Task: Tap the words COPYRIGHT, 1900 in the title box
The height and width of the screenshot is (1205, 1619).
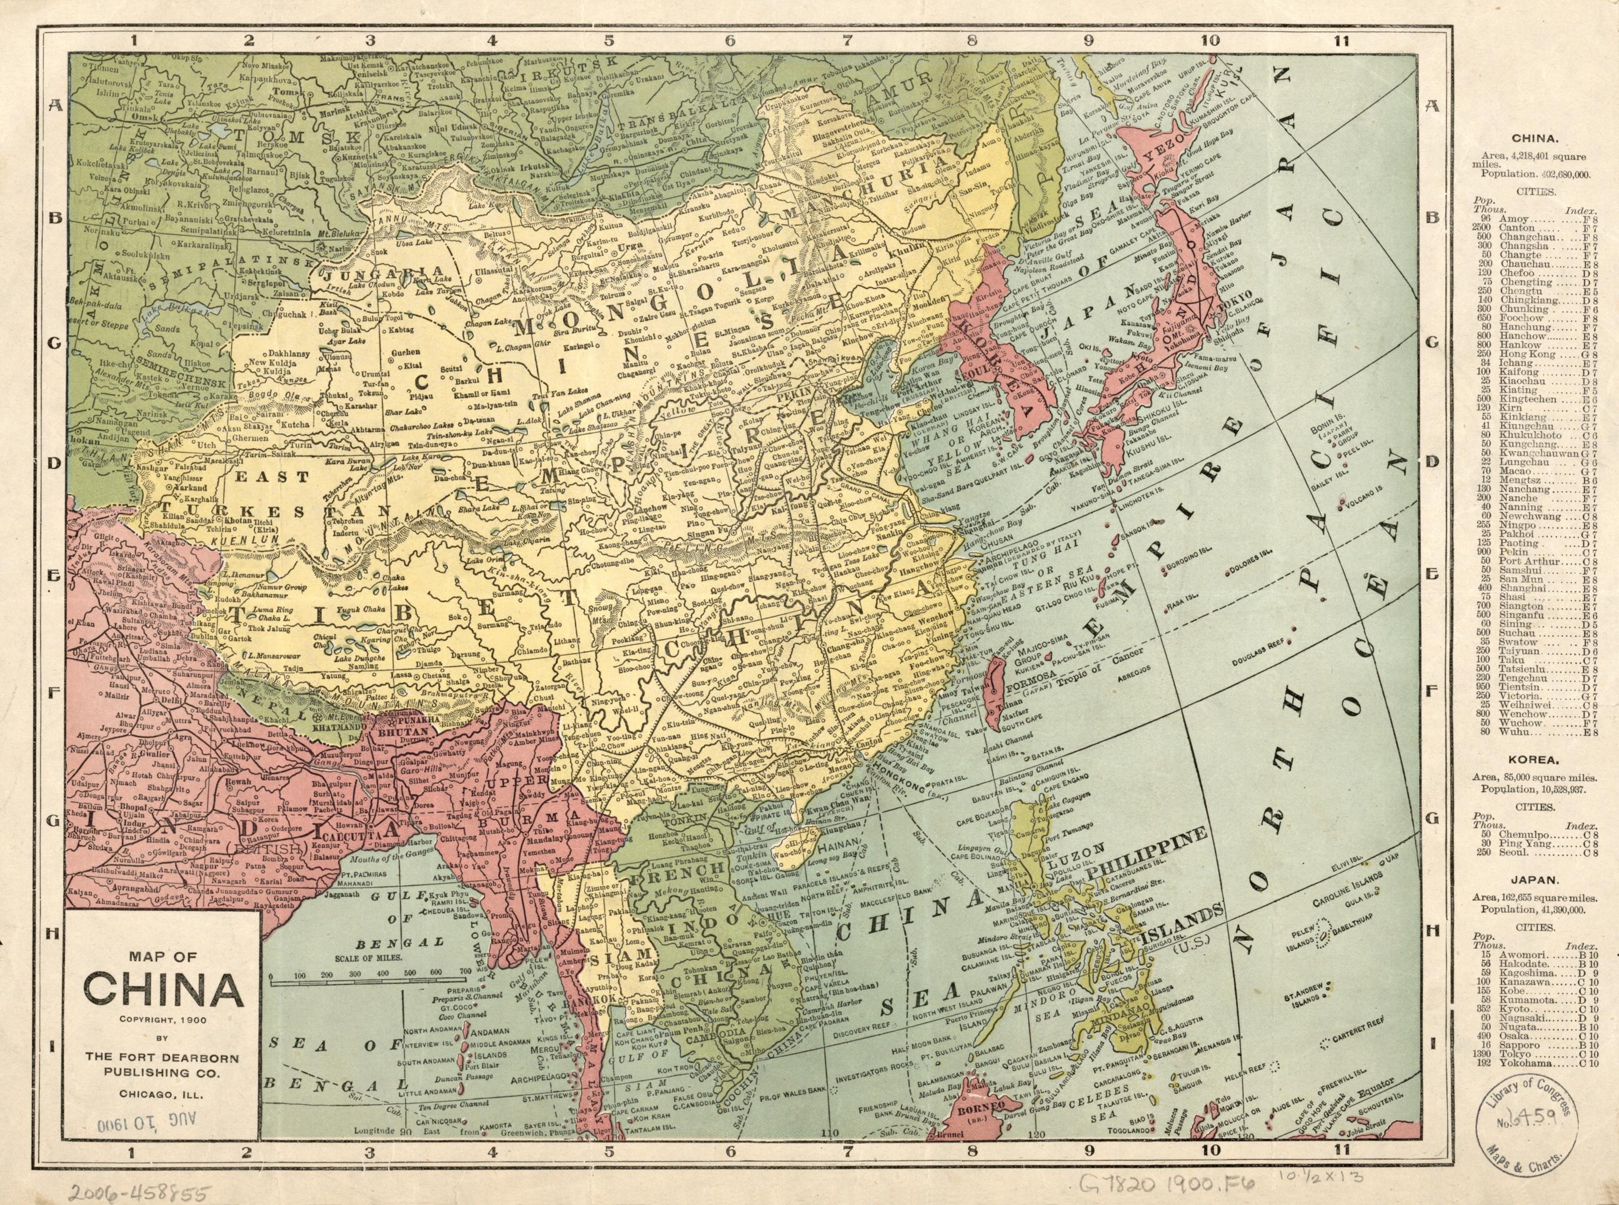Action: (162, 1019)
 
